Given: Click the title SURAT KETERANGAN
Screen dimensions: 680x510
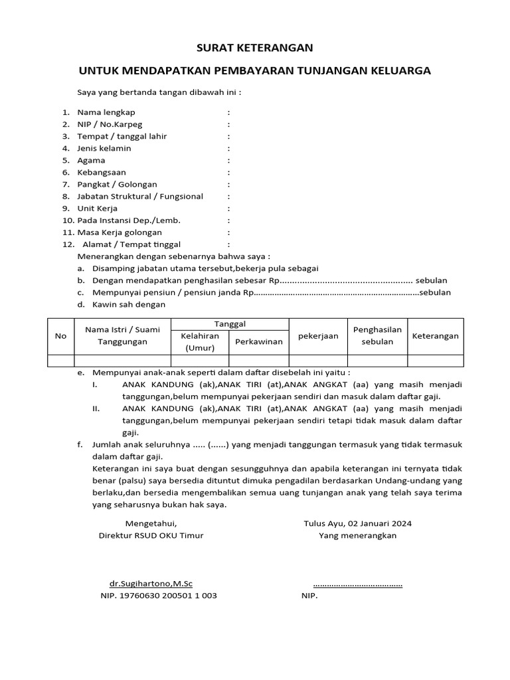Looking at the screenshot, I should click(x=255, y=48).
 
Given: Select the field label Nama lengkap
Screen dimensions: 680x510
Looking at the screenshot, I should click(x=106, y=112).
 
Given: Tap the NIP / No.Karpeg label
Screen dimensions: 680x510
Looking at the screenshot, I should click(x=110, y=124).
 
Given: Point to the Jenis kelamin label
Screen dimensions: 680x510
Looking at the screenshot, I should click(x=104, y=148).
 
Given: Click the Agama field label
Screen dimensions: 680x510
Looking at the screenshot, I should click(x=91, y=160).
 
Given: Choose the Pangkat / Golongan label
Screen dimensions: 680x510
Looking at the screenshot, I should click(x=117, y=184).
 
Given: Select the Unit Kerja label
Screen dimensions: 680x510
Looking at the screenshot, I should click(x=97, y=208).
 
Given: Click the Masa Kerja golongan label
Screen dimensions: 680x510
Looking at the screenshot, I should click(x=120, y=232).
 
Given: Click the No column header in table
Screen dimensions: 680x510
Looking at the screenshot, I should click(x=60, y=336).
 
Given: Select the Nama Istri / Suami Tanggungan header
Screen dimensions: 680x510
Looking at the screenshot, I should click(x=123, y=336).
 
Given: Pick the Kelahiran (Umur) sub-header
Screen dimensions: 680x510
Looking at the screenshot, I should click(x=200, y=342).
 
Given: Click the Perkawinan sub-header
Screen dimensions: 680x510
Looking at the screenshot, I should click(x=259, y=342).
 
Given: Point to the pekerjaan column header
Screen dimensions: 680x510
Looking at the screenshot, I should click(x=318, y=336).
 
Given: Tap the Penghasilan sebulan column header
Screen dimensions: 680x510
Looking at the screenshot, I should click(x=377, y=336).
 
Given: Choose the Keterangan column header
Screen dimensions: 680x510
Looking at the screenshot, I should click(x=436, y=336).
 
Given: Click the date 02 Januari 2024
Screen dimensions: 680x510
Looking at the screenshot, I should click(x=380, y=523).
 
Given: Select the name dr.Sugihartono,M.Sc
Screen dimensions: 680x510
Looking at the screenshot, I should click(x=151, y=584).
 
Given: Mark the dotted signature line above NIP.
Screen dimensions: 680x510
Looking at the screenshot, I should click(x=357, y=585).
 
